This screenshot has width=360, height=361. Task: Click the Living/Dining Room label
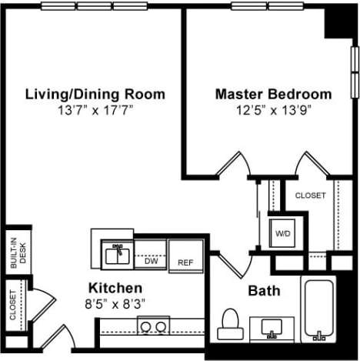(95, 95)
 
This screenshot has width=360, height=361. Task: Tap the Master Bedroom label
(273, 95)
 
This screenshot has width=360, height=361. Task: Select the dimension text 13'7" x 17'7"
(95, 109)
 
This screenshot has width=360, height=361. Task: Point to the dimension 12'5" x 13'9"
(273, 109)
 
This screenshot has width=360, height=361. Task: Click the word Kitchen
(114, 287)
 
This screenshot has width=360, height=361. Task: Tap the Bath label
(263, 291)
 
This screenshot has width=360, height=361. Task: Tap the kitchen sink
(117, 253)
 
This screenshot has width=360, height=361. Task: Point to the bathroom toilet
(229, 326)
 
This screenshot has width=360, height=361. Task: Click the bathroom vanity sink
(271, 329)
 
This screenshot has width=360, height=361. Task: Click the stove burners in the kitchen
(153, 326)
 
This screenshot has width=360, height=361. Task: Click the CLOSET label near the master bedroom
(310, 196)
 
